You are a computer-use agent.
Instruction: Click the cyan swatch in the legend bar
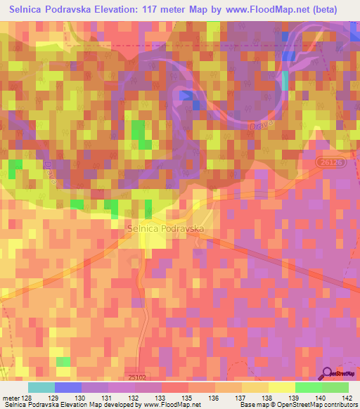pos(41,387)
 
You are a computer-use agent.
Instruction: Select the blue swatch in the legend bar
pos(68,387)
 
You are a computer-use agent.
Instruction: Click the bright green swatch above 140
pos(309,387)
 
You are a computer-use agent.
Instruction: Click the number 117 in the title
pos(181,10)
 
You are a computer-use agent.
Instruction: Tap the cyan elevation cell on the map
pos(285,82)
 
